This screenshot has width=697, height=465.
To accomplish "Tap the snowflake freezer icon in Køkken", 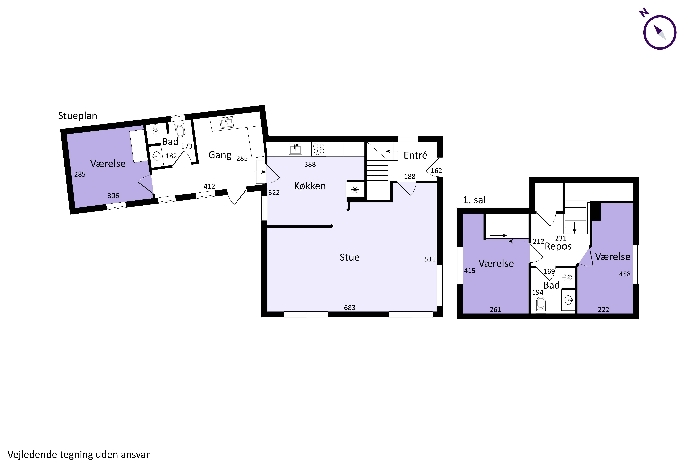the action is (x=355, y=189).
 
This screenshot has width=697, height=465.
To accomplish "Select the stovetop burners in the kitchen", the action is (x=319, y=149).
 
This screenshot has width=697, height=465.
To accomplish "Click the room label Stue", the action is (x=349, y=257).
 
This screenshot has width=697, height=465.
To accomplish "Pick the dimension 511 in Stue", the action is (x=430, y=259).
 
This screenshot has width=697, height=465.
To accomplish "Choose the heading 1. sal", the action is (x=474, y=200).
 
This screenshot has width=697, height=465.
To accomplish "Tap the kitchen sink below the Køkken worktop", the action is (x=295, y=149).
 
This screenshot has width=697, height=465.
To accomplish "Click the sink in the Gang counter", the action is (x=227, y=122).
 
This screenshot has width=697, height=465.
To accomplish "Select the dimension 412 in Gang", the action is (x=209, y=186).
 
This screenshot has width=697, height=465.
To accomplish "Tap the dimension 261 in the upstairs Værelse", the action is (x=495, y=310).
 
